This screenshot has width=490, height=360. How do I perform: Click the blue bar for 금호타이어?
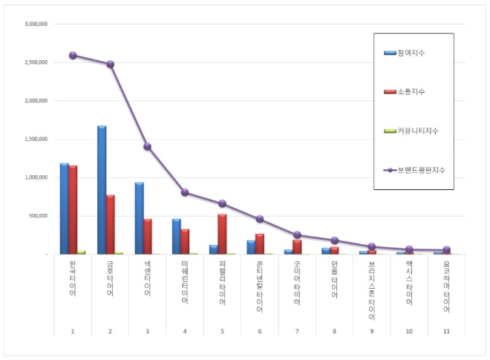coord(102,190)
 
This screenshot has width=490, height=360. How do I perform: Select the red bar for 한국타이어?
coord(73,209)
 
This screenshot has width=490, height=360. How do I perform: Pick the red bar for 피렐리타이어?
coord(222,234)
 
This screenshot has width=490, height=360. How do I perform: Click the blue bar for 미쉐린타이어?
coord(177,236)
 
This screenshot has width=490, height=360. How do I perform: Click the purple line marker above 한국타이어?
coord(73,55)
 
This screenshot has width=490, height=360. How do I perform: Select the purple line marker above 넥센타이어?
coord(147,146)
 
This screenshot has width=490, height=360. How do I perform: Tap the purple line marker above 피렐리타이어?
coord(222,203)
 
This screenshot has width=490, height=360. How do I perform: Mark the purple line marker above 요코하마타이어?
coord(446,250)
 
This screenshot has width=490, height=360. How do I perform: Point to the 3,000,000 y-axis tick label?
coord(36,24)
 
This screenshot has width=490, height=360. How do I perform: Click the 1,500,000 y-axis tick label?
coord(36,139)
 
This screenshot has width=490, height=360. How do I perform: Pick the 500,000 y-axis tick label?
coord(38,216)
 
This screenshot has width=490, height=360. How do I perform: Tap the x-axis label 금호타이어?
coord(110,278)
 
